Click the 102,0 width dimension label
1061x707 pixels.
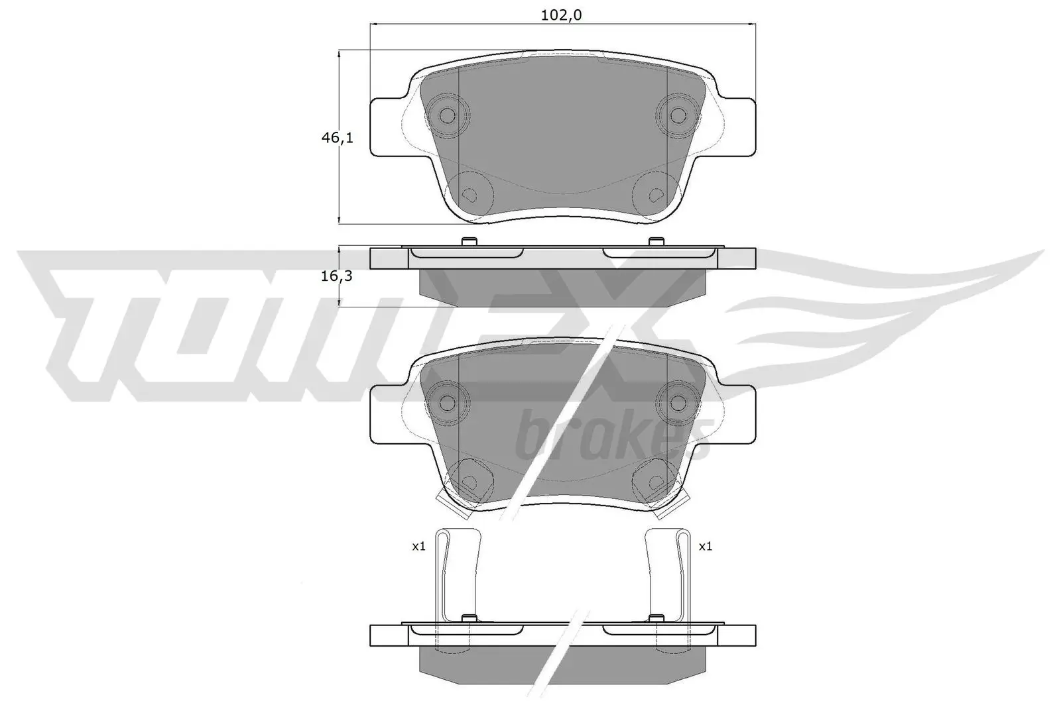click(561, 15)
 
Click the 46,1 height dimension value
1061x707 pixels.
click(337, 138)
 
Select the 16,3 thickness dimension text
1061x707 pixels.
click(336, 276)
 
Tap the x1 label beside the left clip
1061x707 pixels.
click(418, 547)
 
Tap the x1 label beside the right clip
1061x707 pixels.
click(706, 547)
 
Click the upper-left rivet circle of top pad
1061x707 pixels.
click(448, 116)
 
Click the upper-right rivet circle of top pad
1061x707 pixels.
click(677, 116)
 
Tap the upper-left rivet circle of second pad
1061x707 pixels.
click(448, 402)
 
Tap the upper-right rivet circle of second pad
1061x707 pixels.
click(677, 402)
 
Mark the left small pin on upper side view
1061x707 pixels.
click(468, 241)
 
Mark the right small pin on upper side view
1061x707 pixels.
click(656, 241)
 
